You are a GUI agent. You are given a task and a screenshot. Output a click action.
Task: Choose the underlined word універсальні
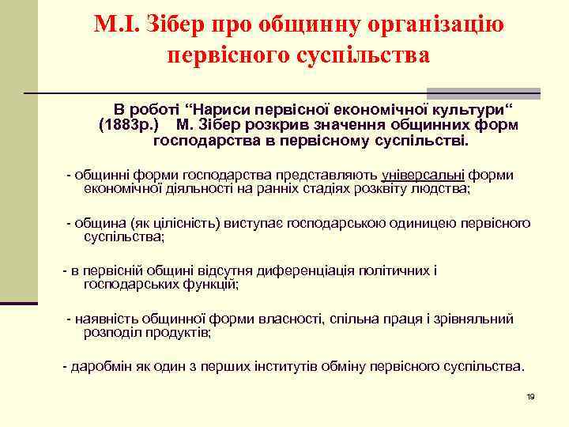click(423, 174)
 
